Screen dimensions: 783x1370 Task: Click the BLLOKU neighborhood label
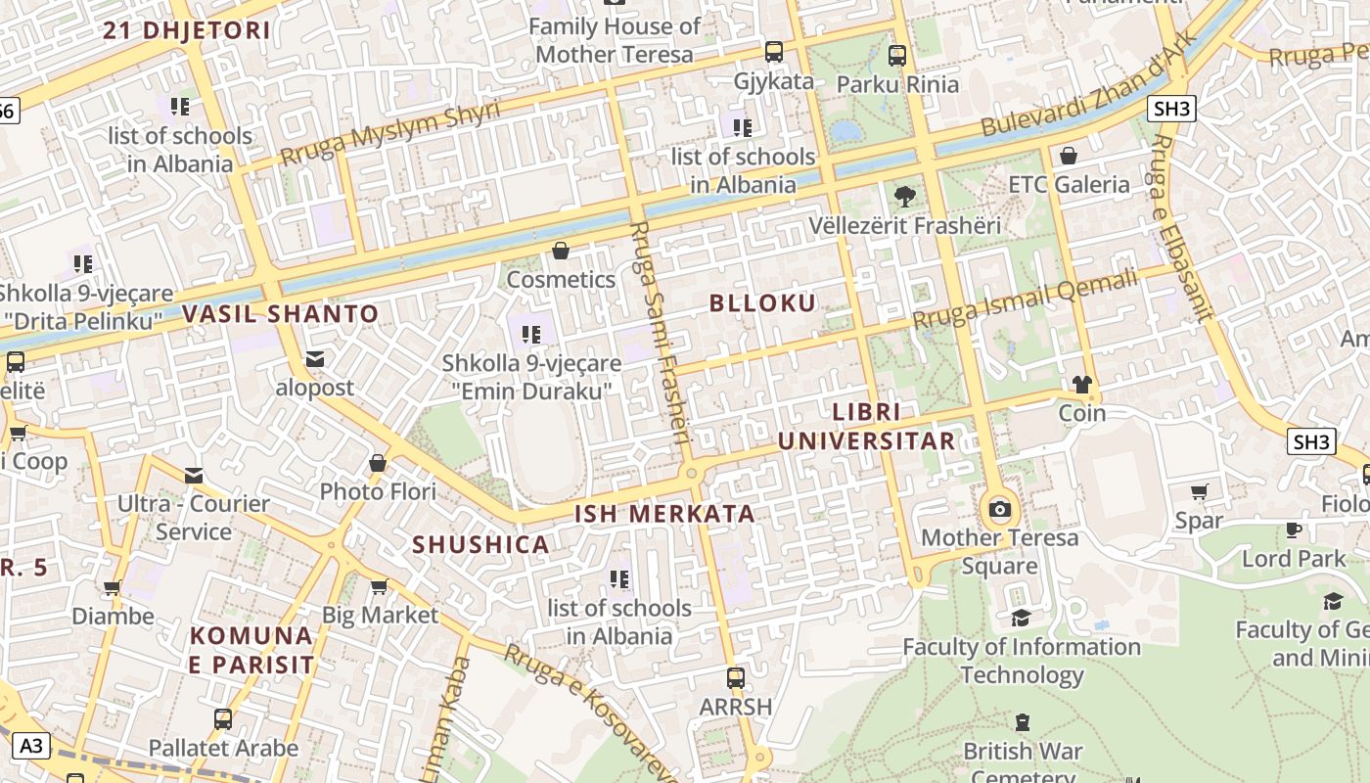point(762,302)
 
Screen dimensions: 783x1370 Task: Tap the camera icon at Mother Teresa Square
point(999,509)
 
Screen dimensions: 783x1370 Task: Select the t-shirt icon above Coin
point(1081,385)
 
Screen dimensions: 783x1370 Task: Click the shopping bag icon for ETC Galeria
point(1069,156)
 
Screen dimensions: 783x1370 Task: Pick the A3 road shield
point(31,746)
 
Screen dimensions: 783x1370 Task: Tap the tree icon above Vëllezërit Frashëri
point(905,196)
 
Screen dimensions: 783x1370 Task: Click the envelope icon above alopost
point(315,359)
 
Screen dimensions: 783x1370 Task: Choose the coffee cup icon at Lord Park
point(1294,530)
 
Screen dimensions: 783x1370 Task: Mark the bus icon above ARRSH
point(735,677)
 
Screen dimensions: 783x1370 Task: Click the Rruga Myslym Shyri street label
point(389,133)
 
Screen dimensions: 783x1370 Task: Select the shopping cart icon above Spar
point(1199,491)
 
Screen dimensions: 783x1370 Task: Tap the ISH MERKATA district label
point(664,514)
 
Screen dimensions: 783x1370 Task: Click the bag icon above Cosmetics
point(561,252)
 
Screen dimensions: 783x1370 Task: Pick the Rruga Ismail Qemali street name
point(1025,299)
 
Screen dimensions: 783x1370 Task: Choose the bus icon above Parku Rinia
point(897,56)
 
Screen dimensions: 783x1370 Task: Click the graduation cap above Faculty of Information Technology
point(1021,618)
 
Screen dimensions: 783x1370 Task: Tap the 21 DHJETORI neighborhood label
point(187,30)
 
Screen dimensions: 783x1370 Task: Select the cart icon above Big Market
point(379,586)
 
